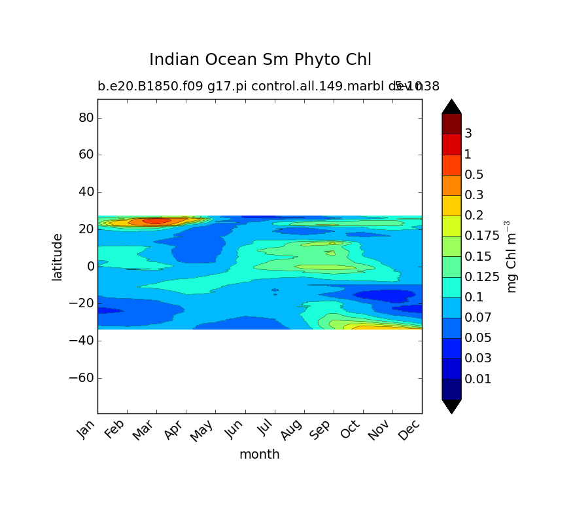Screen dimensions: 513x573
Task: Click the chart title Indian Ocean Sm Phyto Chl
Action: pyautogui.click(x=260, y=60)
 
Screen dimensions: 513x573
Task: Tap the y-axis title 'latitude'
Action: pyautogui.click(x=58, y=257)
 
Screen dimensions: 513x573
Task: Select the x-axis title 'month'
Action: pyautogui.click(x=259, y=454)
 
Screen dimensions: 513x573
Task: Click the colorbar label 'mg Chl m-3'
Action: pyautogui.click(x=512, y=257)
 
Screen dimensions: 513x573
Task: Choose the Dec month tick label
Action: pyautogui.click(x=411, y=429)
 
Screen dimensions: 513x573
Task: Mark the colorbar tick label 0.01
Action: pyautogui.click(x=477, y=379)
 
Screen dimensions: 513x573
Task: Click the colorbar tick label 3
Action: pyautogui.click(x=468, y=134)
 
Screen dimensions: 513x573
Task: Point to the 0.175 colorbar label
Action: pyautogui.click(x=482, y=236)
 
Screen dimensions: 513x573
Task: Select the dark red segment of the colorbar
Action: pyautogui.click(x=451, y=124)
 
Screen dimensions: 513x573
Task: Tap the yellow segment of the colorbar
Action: pyautogui.click(x=451, y=206)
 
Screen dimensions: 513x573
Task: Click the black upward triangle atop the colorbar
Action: pyautogui.click(x=451, y=107)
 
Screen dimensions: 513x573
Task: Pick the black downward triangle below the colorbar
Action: pyautogui.click(x=451, y=406)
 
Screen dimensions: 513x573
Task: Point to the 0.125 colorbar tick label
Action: pyautogui.click(x=482, y=277)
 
